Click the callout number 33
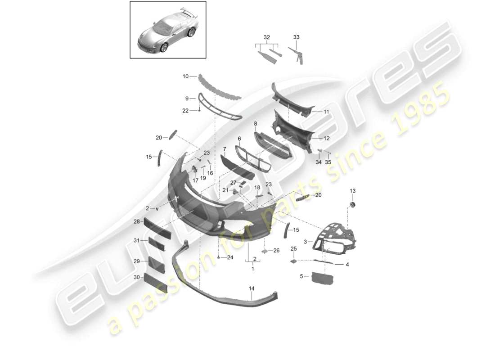pos(296,37)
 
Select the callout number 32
pos(267,37)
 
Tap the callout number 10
pos(186,76)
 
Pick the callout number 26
pos(276,250)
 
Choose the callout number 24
pos(230,257)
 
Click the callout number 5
pos(302,276)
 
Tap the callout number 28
pos(136,221)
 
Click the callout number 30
pos(136,278)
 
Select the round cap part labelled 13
pos(352,205)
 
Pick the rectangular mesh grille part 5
pos(323,278)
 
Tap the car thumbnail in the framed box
pos(168,30)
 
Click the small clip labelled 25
pos(293,260)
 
